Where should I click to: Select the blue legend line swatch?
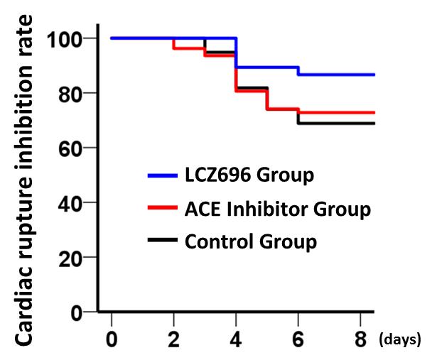pyautogui.click(x=163, y=175)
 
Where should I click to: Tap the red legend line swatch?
pyautogui.click(x=163, y=209)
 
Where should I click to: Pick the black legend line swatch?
pyautogui.click(x=163, y=241)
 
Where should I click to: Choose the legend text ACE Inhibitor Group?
pyautogui.click(x=278, y=209)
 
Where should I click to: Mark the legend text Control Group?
pyautogui.click(x=250, y=241)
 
